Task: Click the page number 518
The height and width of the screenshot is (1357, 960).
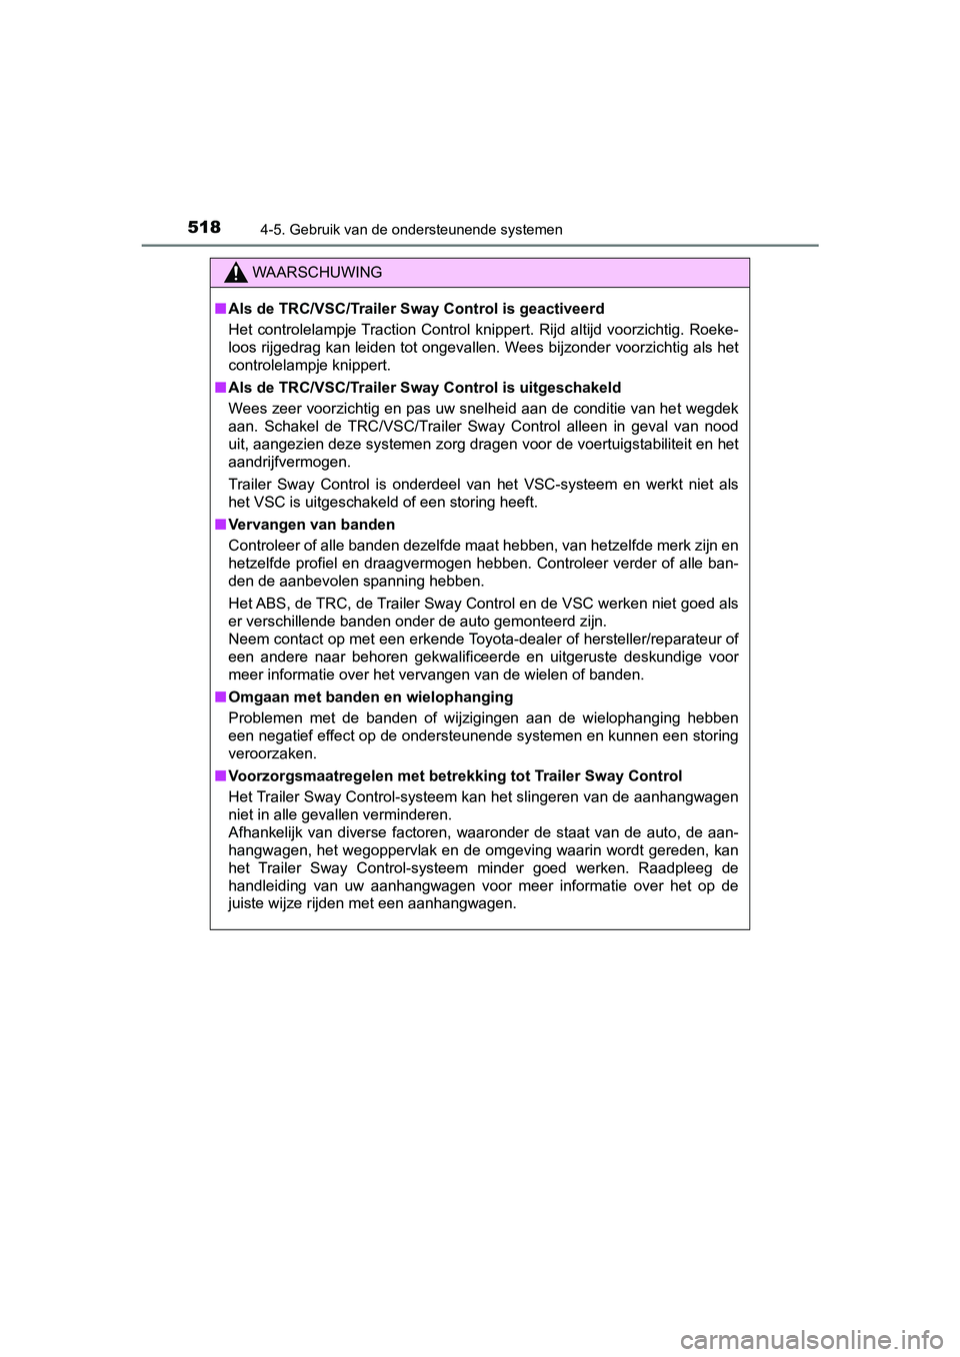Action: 204,227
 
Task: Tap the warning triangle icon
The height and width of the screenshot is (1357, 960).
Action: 236,272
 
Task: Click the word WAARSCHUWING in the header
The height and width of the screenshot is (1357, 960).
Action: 317,273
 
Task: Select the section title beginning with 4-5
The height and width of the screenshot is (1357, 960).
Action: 411,230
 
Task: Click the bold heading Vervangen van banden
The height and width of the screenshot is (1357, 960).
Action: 311,525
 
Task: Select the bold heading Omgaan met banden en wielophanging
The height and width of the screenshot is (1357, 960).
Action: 370,697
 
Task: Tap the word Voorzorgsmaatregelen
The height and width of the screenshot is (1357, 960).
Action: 310,776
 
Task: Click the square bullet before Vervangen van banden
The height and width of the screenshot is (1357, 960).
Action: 219,525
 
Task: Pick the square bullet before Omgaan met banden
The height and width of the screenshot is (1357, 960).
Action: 219,697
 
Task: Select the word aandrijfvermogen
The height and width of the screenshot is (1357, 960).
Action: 288,463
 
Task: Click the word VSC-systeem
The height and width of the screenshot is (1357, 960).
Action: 574,485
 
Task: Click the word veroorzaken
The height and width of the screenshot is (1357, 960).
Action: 272,754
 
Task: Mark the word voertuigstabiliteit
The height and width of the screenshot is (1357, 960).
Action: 619,445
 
